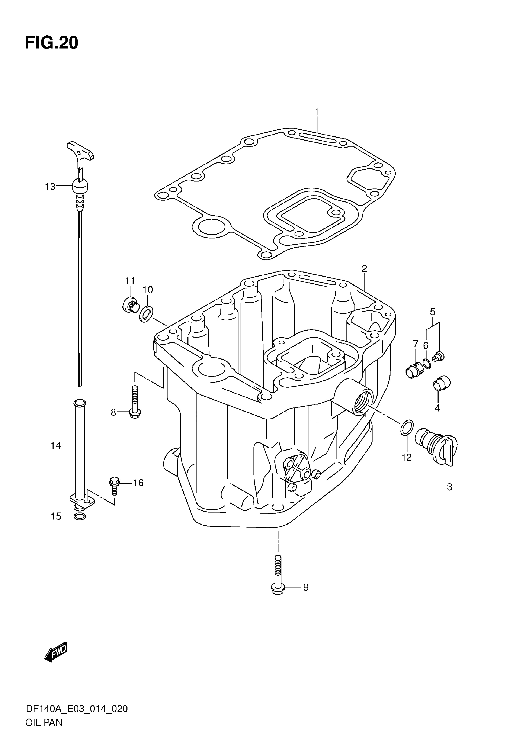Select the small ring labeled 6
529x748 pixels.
[x=427, y=364]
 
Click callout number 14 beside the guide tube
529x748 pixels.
[x=56, y=445]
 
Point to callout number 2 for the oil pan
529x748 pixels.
[x=364, y=268]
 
